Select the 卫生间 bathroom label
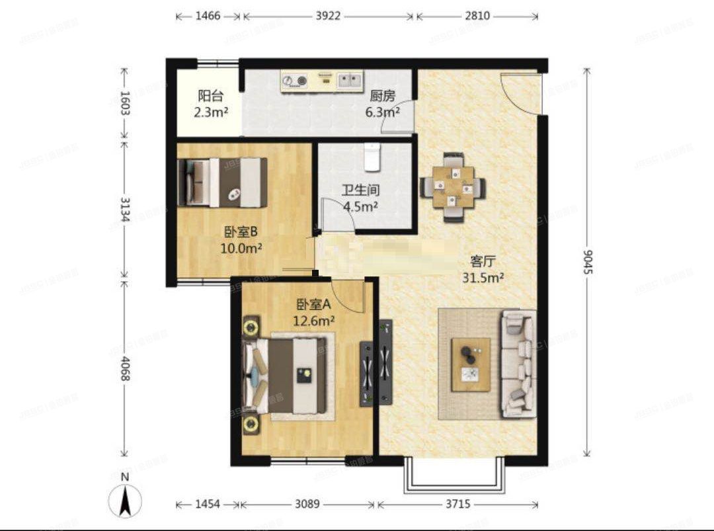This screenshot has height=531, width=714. [x=360, y=198]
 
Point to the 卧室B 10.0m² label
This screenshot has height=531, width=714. [x=242, y=239]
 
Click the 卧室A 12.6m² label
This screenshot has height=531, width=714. [x=314, y=312]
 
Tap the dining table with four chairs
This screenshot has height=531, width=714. [x=453, y=187]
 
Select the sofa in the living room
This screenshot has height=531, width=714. [x=518, y=364]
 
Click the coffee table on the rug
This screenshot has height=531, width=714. [x=471, y=364]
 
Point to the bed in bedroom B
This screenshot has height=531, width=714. [x=222, y=182]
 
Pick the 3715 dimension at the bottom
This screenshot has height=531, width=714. [x=457, y=505]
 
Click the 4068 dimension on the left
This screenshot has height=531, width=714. [x=124, y=368]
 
